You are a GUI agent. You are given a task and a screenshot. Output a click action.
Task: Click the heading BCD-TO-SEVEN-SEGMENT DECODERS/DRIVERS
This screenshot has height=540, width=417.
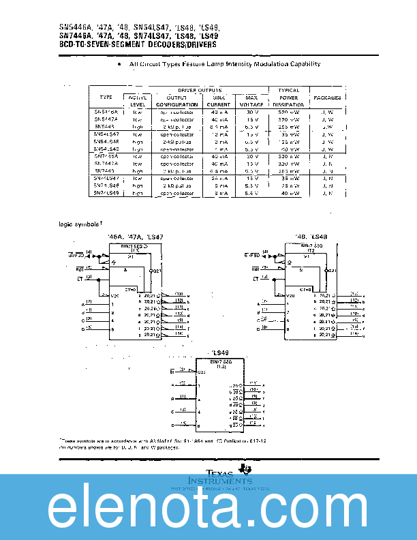(138, 44)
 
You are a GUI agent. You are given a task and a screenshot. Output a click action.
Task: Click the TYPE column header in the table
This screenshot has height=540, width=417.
(105, 97)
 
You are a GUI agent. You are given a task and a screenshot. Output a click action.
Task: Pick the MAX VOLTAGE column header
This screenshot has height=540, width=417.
(251, 101)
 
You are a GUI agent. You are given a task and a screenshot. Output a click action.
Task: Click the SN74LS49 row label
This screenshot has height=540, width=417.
(106, 193)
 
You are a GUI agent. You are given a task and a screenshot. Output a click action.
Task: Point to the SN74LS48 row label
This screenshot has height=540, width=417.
(106, 185)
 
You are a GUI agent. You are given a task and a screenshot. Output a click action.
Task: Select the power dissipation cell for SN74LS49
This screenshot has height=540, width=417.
(290, 193)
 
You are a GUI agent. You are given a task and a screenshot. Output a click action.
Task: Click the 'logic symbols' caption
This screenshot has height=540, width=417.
(80, 224)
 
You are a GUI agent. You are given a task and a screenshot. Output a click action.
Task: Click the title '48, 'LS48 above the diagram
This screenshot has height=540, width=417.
(311, 237)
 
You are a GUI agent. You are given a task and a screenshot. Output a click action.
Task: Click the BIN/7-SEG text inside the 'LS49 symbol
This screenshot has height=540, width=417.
(220, 362)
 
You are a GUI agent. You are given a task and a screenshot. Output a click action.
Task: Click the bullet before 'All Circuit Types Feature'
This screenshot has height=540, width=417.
(119, 64)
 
